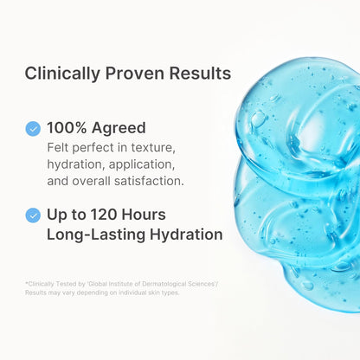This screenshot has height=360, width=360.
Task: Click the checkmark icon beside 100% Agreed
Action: coord(33,128)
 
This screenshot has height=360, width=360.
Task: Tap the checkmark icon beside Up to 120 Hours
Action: coord(33,214)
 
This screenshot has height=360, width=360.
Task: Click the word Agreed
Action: coord(123,128)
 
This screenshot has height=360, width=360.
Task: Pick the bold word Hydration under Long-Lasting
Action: coord(181,234)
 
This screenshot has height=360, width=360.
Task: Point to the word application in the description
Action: coord(143,164)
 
